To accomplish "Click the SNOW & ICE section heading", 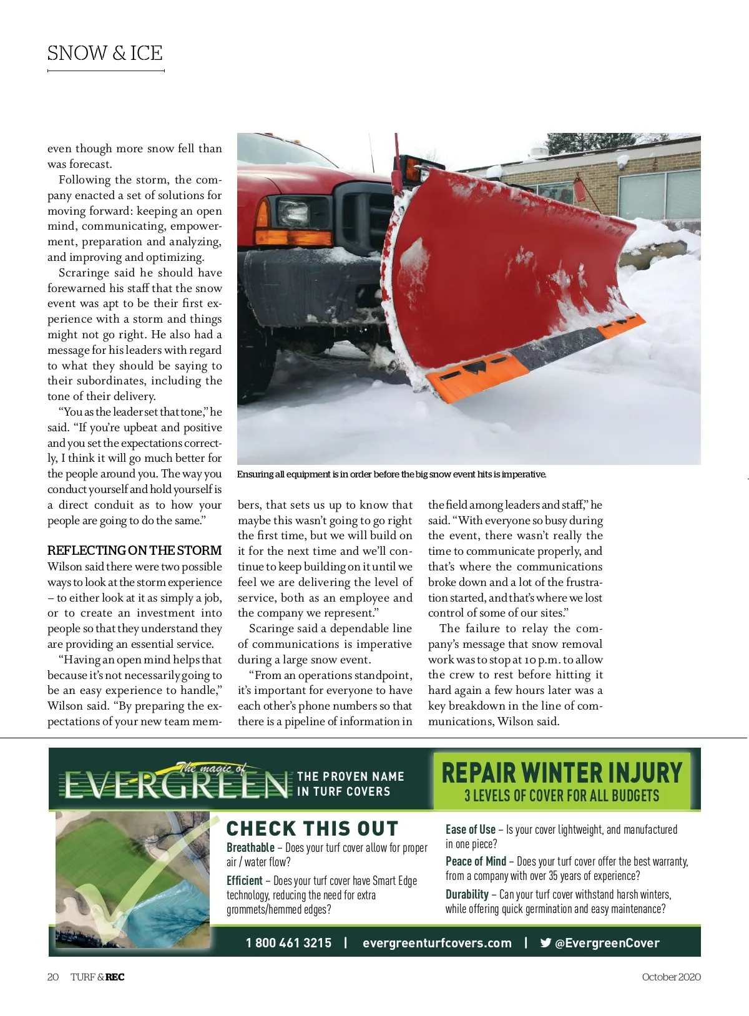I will (x=105, y=54).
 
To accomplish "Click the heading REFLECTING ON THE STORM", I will (x=134, y=550).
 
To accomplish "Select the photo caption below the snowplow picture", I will (x=391, y=474).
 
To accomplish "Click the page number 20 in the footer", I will (x=53, y=977).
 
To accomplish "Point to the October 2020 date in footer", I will (x=671, y=977).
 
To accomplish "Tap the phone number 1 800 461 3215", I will (x=288, y=942).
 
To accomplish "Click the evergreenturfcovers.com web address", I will (x=437, y=942).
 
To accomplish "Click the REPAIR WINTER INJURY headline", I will (x=562, y=773).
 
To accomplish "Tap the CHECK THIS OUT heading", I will (x=312, y=829).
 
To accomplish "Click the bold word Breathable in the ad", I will (x=250, y=847).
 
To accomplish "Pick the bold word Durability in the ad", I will (x=467, y=894).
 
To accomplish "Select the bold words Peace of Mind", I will (x=476, y=861).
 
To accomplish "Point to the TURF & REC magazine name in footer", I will (x=97, y=977).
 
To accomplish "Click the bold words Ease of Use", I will (x=470, y=829).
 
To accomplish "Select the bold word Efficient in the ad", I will (x=244, y=881).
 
